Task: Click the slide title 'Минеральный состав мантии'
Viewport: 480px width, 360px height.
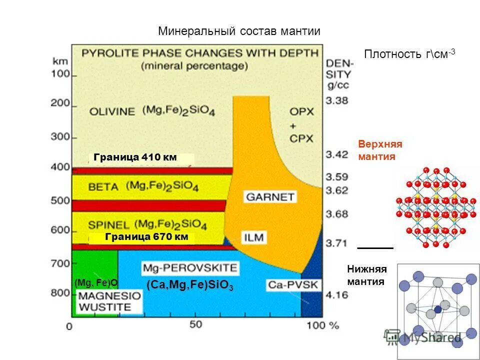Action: pyautogui.click(x=239, y=31)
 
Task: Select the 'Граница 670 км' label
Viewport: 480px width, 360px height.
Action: pyautogui.click(x=146, y=237)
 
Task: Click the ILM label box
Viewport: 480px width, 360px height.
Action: pyautogui.click(x=254, y=236)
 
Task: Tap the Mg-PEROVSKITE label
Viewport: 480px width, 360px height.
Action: pyautogui.click(x=190, y=268)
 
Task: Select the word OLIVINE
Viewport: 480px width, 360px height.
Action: pyautogui.click(x=112, y=111)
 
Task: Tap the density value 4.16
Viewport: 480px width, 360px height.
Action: pyautogui.click(x=336, y=295)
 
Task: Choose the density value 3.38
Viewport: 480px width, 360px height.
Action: pyautogui.click(x=336, y=100)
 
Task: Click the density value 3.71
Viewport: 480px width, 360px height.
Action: pyautogui.click(x=336, y=243)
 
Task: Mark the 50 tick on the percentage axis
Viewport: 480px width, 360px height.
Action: pyautogui.click(x=195, y=324)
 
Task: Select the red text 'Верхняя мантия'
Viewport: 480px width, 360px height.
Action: pyautogui.click(x=380, y=150)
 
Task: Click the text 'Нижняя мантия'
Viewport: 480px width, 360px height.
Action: pyautogui.click(x=367, y=275)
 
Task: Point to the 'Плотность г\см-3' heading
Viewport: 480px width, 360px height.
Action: pyautogui.click(x=409, y=54)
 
